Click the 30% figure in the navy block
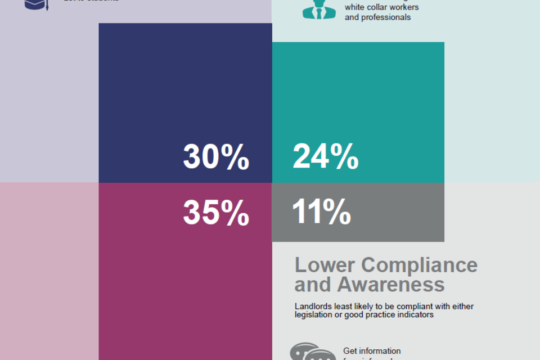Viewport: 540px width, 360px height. point(216,157)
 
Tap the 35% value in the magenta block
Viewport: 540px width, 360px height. point(216,213)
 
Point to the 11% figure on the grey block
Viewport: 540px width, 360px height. point(321,212)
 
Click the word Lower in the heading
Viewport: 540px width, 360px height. point(325,265)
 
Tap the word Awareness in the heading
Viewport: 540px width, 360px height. point(391,285)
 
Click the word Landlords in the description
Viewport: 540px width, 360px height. point(312,307)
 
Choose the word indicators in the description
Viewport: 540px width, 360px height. point(415,315)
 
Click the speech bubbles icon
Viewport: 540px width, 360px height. point(308,353)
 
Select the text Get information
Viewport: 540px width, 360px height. point(372,351)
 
